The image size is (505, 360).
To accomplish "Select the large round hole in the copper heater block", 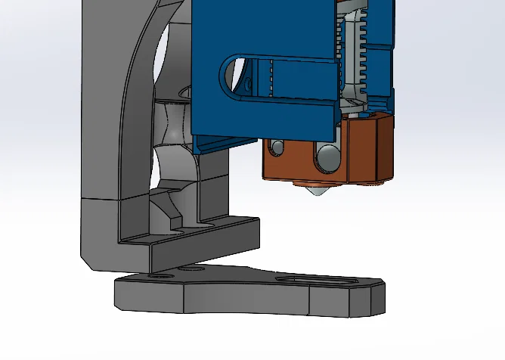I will click(x=328, y=157).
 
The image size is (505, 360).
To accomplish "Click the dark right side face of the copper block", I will click(x=383, y=151).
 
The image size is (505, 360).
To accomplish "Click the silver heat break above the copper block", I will click(x=352, y=105).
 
